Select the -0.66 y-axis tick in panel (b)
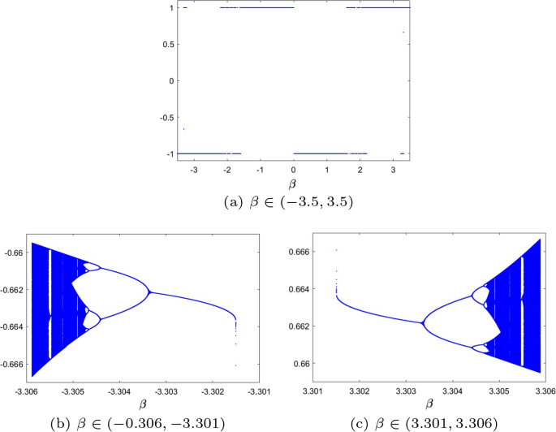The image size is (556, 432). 17,253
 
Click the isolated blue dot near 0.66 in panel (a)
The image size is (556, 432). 403,32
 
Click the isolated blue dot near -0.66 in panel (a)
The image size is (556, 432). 184,128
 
